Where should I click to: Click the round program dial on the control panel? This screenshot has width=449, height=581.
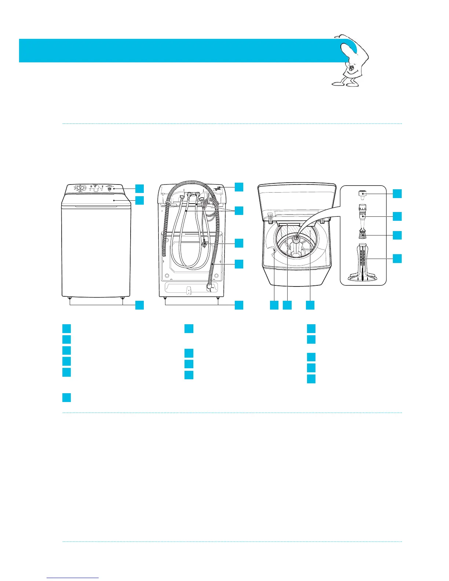pos(79,187)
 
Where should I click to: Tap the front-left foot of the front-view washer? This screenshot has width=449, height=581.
pos(69,298)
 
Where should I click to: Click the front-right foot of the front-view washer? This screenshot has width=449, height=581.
pos(122,298)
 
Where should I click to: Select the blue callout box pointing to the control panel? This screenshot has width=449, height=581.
pos(139,189)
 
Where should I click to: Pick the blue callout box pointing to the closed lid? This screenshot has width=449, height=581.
pos(139,200)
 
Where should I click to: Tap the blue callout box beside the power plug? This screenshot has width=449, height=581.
pos(239,243)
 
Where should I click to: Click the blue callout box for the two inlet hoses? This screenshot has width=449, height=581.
pos(239,211)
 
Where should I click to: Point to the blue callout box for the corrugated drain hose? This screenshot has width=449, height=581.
pos(239,264)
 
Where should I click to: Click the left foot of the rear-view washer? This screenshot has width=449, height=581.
pos(165,298)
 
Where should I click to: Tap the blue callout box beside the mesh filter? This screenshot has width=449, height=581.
pos(397,235)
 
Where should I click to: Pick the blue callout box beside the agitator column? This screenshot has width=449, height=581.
pos(397,259)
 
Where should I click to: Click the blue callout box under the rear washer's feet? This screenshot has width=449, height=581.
pos(239,305)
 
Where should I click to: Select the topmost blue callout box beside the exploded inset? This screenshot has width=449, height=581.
pos(397,193)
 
